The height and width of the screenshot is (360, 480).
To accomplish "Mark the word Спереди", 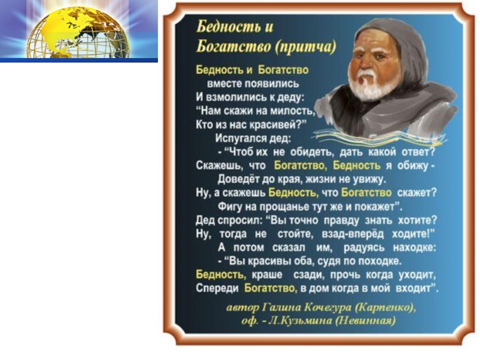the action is pyautogui.click(x=217, y=289).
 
